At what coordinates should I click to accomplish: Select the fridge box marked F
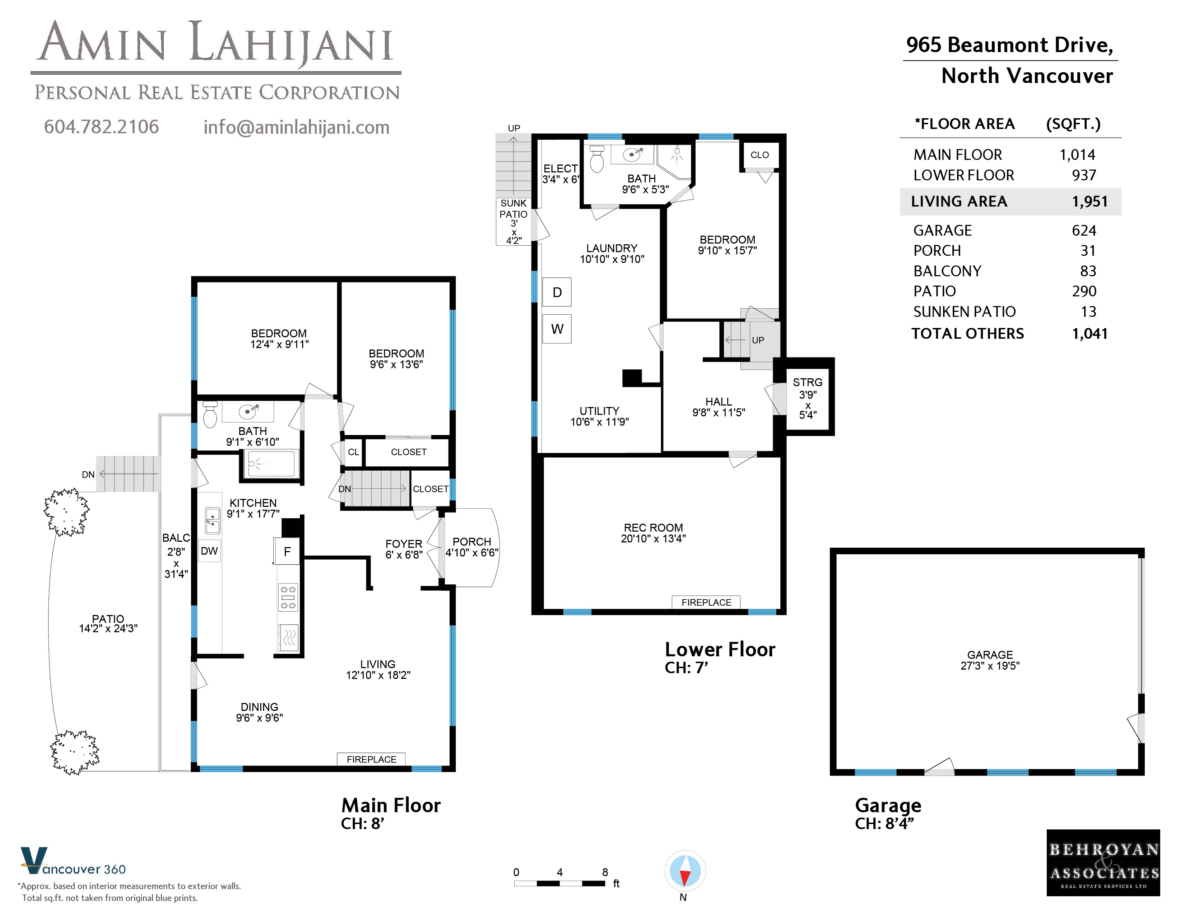(287, 551)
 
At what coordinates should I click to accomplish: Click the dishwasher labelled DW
(209, 551)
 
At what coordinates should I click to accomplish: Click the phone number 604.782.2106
(102, 126)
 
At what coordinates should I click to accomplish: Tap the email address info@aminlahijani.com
(296, 127)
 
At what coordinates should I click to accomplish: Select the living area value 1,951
(1089, 201)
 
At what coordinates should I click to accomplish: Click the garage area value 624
(1084, 231)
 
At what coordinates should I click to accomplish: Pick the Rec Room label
(653, 527)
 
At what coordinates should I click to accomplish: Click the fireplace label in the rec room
(706, 602)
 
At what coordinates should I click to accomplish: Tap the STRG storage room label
(807, 382)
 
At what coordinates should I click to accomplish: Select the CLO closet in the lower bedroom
(759, 155)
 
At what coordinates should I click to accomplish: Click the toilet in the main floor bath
(210, 415)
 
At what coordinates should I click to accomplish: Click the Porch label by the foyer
(471, 542)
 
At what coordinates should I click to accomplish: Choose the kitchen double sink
(212, 520)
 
